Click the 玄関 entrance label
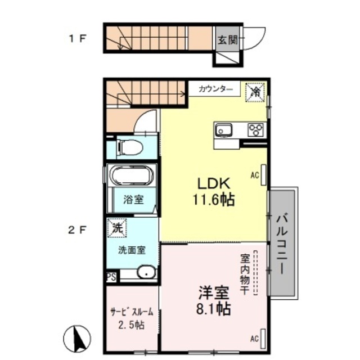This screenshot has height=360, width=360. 228,40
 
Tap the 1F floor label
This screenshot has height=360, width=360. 76,39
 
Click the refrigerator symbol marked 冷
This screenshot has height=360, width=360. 254,89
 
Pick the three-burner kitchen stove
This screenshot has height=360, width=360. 256,130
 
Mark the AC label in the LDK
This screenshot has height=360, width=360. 254,175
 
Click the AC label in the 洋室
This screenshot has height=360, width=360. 254,339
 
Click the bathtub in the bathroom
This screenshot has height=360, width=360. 131,177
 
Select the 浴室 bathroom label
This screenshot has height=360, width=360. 133,200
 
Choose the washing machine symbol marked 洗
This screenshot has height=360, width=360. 116,228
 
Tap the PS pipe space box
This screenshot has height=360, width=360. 111,277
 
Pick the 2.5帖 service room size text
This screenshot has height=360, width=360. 132,325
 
